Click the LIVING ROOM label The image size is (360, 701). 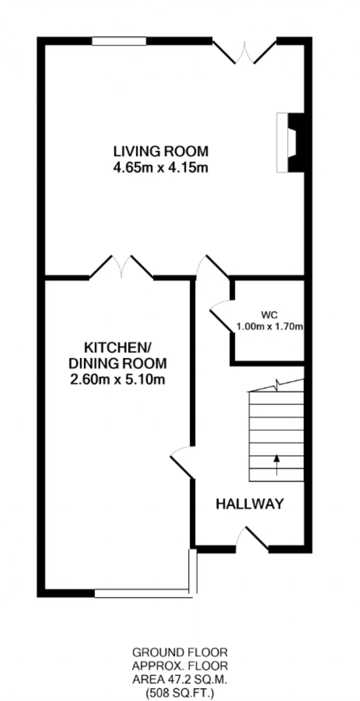tap(161, 151)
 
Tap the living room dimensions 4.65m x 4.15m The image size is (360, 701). tap(161, 168)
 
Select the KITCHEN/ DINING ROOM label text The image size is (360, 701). tap(118, 356)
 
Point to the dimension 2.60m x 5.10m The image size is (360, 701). tap(118, 380)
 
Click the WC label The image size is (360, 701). tap(269, 315)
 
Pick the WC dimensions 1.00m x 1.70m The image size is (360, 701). tap(269, 327)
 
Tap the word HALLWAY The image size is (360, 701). tap(250, 504)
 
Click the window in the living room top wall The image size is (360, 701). tap(119, 41)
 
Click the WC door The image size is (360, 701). tap(222, 316)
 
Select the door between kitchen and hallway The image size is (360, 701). tap(182, 462)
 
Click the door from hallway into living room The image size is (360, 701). tap(212, 267)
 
